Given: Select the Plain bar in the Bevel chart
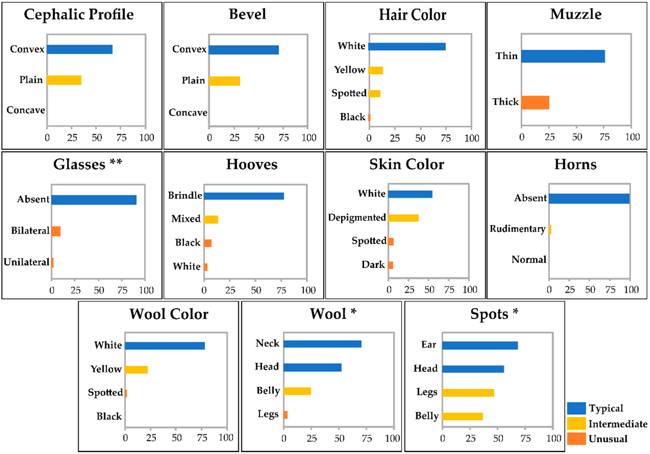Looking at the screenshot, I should [x=224, y=81].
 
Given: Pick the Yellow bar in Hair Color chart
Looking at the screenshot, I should [x=375, y=70].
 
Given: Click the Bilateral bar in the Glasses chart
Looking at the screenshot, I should [x=56, y=231].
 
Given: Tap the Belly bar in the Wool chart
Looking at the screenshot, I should [x=297, y=391].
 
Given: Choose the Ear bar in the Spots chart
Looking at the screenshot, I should [x=480, y=346].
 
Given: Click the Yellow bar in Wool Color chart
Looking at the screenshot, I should [x=136, y=370].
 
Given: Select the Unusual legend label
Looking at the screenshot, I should [x=608, y=439].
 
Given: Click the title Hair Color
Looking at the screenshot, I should [x=412, y=15].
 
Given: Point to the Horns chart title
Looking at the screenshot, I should [x=575, y=164].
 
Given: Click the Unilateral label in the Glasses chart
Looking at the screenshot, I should [x=26, y=262].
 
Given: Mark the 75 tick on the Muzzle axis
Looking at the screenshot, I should [x=604, y=137].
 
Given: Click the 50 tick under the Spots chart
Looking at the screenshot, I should [x=498, y=438].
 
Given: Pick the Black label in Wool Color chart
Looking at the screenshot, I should [x=109, y=416].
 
